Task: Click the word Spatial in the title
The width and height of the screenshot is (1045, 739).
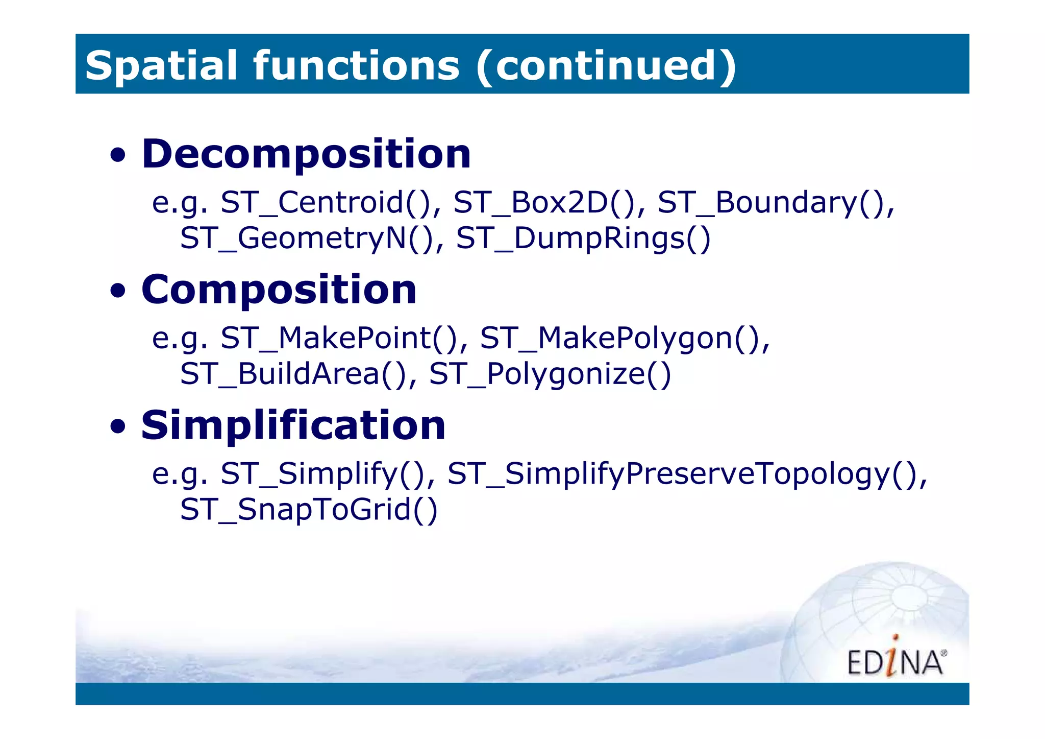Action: tap(161, 65)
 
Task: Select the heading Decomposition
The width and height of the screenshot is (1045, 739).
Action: tap(306, 154)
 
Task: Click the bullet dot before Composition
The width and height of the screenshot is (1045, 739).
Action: tap(118, 291)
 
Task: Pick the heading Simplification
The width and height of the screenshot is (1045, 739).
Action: tap(293, 425)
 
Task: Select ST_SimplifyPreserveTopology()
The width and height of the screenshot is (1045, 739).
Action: tap(686, 474)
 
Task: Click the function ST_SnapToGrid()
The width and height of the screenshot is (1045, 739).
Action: tap(309, 510)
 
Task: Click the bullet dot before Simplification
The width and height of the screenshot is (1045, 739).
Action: tap(118, 426)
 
